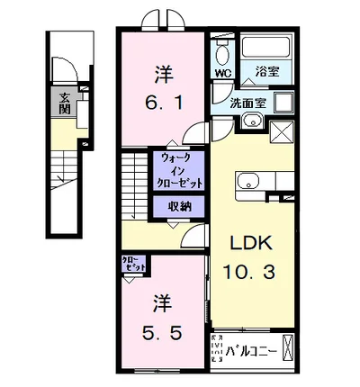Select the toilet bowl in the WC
(x=221, y=53)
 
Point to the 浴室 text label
(x=266, y=69)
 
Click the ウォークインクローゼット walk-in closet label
(x=180, y=170)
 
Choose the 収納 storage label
(x=180, y=207)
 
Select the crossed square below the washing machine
(x=281, y=133)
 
